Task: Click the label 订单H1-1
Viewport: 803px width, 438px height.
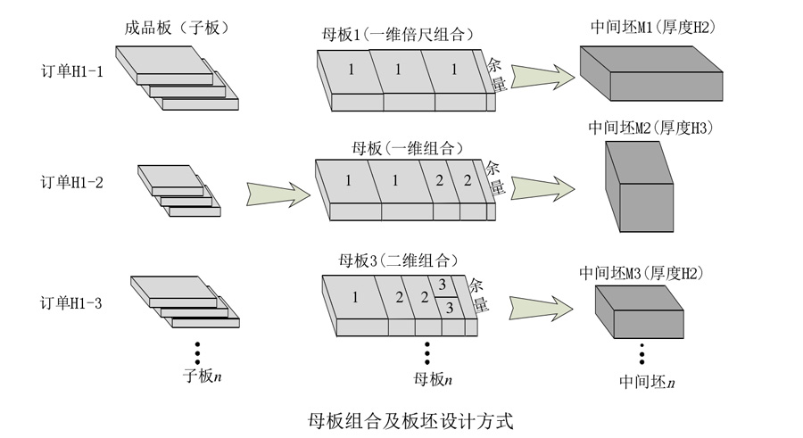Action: click(71, 72)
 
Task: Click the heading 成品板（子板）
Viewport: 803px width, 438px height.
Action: click(177, 28)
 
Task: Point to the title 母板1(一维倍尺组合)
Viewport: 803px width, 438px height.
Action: click(396, 35)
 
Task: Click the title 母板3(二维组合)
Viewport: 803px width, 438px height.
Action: click(391, 261)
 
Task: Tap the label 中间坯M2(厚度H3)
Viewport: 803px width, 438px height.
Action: click(650, 128)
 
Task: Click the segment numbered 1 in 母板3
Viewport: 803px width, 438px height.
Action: click(354, 296)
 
